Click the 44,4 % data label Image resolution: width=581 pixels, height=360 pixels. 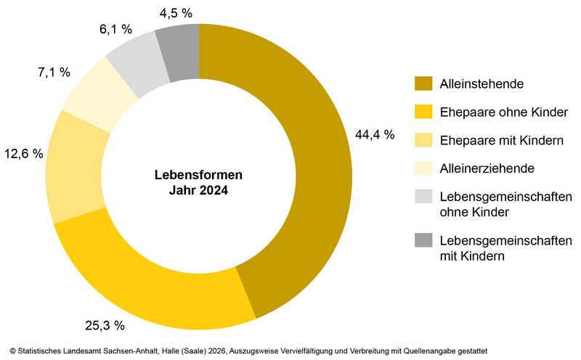[x=374, y=134]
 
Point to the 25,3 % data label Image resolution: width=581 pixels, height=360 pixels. [x=105, y=324]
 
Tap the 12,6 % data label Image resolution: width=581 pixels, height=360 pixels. [x=23, y=153]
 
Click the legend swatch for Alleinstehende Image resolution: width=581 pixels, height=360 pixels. [x=423, y=84]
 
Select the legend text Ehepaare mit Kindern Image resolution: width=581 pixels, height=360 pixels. [x=500, y=140]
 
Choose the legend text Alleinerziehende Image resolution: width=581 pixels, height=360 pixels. [x=487, y=168]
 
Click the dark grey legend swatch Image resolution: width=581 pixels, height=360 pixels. [x=423, y=241]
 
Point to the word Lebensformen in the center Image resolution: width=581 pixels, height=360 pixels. [x=198, y=176]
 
